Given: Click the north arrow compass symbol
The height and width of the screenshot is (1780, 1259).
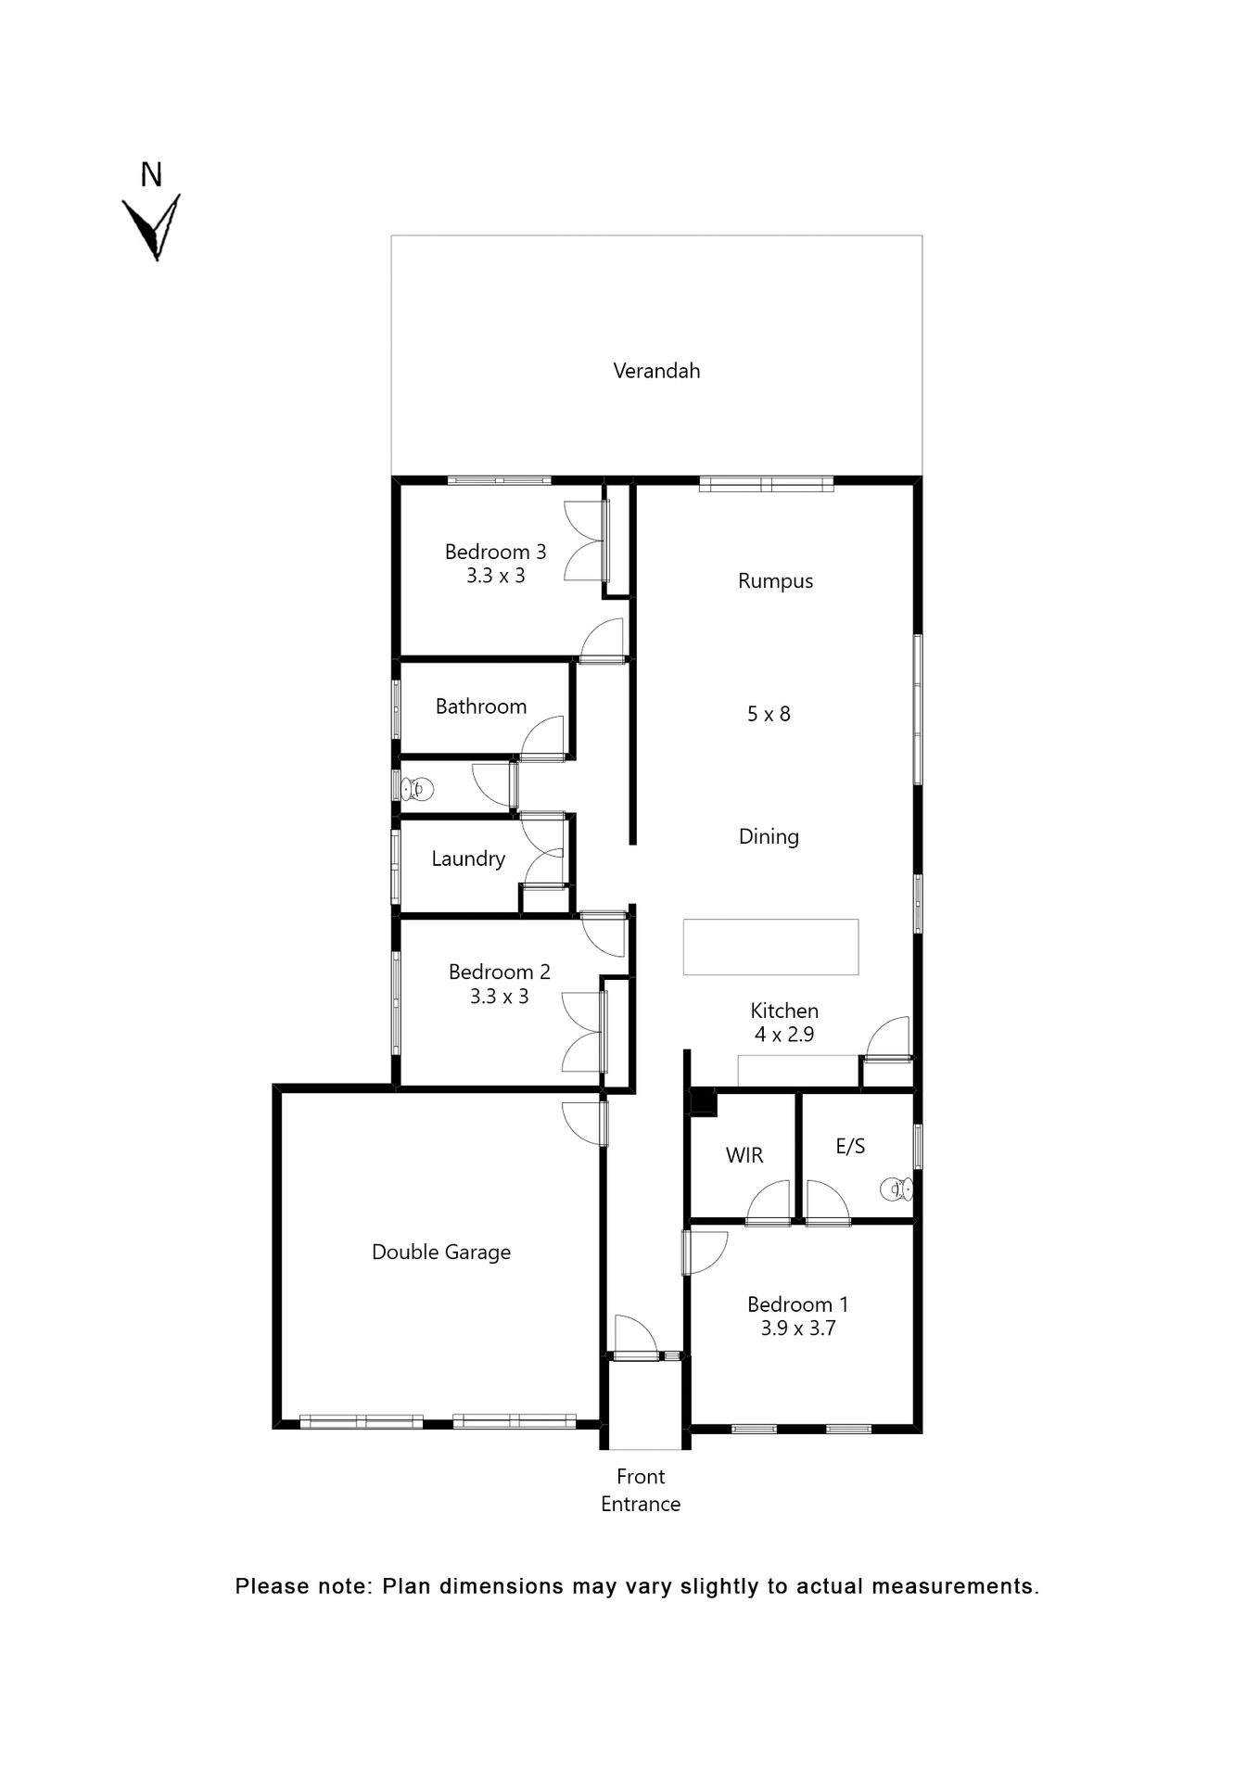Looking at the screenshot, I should coord(151,225).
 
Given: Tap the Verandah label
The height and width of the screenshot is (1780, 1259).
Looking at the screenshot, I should coord(656,371).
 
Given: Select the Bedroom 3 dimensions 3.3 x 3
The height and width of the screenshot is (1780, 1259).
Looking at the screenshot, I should coord(495,576).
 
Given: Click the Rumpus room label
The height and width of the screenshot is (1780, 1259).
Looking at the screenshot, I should coord(775,581).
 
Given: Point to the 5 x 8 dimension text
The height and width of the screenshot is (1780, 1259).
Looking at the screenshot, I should coord(769,714).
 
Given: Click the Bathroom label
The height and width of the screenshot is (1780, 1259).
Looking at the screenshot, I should coord(480,706).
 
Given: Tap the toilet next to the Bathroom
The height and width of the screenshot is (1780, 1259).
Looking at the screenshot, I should coord(416,789).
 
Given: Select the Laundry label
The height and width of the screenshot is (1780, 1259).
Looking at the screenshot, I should coord(468,858).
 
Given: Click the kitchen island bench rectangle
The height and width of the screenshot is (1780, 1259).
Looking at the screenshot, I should coord(770,947).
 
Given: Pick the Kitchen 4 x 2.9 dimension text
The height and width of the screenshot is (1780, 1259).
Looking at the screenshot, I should coord(784,1035).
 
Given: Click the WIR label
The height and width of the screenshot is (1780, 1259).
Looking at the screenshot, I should coord(744,1155).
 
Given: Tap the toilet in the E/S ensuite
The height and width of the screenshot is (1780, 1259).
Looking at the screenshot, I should coord(896,1189).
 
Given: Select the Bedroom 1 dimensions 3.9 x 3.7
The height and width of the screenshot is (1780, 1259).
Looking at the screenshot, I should coord(798,1329).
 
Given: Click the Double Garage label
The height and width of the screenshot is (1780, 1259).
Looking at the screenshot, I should coord(441,1252).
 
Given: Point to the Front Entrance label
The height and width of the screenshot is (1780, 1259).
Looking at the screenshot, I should coord(641,1490).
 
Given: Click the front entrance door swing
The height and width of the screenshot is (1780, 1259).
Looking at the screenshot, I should coord(635,1336).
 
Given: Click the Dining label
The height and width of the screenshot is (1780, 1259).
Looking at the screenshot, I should coord(769,836).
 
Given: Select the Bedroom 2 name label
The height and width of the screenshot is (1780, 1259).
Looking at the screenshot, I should coord(499,972).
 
